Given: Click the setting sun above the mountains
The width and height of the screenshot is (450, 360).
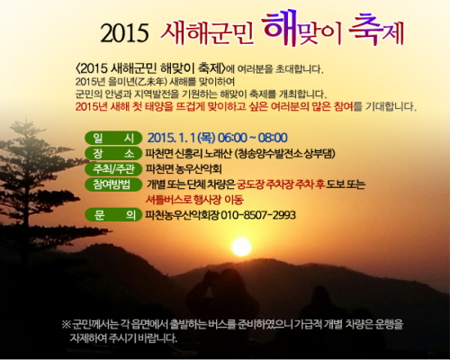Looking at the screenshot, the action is [x=241, y=247].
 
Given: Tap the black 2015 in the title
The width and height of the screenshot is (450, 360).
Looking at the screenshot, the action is [x=124, y=32].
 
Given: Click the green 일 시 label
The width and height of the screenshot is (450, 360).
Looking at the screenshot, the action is [x=113, y=139].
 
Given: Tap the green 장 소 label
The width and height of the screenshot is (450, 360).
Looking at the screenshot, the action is [x=113, y=154].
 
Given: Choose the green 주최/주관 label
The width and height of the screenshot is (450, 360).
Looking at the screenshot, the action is [x=113, y=169].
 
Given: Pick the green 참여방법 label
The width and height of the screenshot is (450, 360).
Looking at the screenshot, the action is [x=113, y=184].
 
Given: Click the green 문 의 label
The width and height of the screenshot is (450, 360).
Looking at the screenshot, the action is [x=113, y=215].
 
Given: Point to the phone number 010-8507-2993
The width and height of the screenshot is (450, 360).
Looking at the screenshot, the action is [x=258, y=215].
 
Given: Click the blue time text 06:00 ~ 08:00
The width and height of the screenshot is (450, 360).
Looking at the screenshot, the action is [x=253, y=138].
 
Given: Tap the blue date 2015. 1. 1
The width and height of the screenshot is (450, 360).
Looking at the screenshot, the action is [x=171, y=138].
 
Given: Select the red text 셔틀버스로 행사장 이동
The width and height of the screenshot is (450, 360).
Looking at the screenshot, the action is [x=194, y=200].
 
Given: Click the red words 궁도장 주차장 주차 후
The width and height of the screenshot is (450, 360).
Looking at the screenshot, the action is [x=281, y=184].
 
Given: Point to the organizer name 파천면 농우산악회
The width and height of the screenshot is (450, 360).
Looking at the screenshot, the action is [x=184, y=169].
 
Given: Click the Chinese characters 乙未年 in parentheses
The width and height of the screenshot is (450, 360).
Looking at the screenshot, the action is [x=154, y=82].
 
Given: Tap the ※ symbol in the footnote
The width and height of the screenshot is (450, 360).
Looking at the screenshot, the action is [x=66, y=324].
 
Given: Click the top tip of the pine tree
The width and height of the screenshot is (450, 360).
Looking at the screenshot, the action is [x=26, y=120].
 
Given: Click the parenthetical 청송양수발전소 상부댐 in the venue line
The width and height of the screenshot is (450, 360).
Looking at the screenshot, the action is [x=284, y=154].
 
